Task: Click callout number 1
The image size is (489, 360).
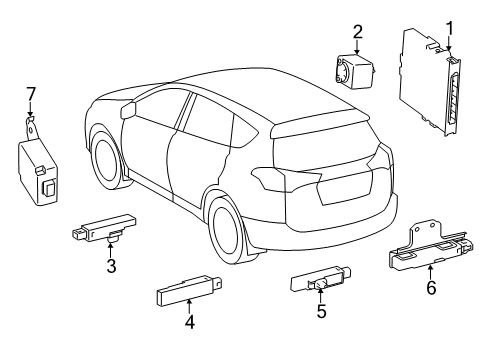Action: (449, 28)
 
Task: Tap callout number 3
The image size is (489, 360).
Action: (110, 267)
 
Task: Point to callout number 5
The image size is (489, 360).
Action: (321, 312)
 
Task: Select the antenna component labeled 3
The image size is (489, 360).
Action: (105, 229)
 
